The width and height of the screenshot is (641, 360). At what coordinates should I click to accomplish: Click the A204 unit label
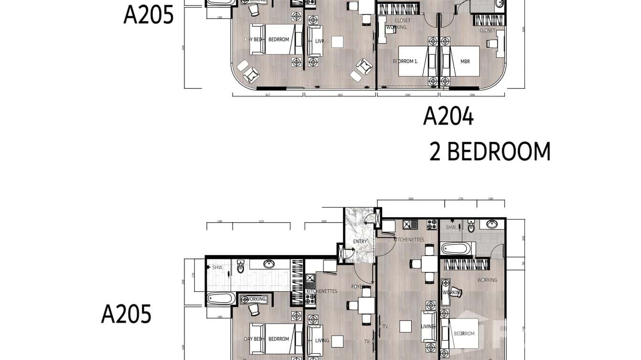pyautogui.click(x=448, y=116)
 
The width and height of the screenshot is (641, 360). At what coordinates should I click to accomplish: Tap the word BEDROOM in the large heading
pyautogui.click(x=499, y=152)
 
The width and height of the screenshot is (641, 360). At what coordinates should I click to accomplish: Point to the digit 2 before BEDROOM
pyautogui.click(x=435, y=152)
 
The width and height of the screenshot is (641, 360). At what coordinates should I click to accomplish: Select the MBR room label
pyautogui.click(x=465, y=62)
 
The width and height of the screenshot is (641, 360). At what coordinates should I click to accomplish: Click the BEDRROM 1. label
pyautogui.click(x=405, y=62)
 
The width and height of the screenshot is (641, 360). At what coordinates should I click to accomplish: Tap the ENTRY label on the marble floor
pyautogui.click(x=360, y=242)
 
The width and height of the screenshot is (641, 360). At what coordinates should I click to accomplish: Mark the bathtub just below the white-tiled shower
pyautogui.click(x=221, y=299)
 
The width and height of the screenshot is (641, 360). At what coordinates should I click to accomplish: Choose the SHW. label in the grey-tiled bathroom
pyautogui.click(x=451, y=228)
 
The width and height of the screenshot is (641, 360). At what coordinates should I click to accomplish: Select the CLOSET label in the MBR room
pyautogui.click(x=487, y=31)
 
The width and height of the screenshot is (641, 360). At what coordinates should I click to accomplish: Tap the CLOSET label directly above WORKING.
pyautogui.click(x=402, y=21)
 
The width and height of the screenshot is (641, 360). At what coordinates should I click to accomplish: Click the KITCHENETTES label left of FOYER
pyautogui.click(x=321, y=291)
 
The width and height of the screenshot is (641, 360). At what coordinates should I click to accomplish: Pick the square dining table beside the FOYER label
pyautogui.click(x=366, y=305)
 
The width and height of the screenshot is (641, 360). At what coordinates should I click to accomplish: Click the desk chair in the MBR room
pyautogui.click(x=492, y=43)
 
